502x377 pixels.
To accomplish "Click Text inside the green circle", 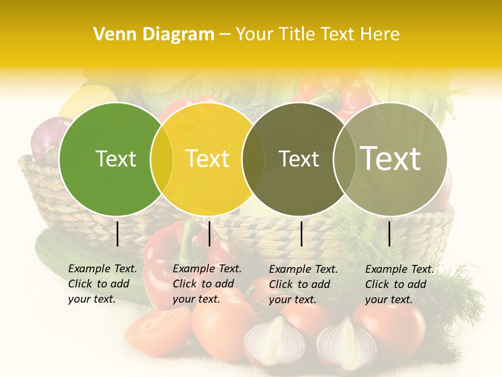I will click(x=116, y=159).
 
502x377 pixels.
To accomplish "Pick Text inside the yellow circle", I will click(x=207, y=159).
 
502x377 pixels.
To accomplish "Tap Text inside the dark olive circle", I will click(x=299, y=159).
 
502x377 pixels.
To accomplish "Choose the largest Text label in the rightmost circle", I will click(x=391, y=158).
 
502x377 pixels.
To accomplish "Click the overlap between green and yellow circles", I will click(x=162, y=159).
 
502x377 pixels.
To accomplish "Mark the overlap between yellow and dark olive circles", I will click(x=253, y=159).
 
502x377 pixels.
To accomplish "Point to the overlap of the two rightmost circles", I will click(x=344, y=159).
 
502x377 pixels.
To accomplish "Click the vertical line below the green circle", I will click(x=118, y=234).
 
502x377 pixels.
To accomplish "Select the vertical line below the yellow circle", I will click(x=209, y=234).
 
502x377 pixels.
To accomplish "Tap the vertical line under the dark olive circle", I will click(x=302, y=234).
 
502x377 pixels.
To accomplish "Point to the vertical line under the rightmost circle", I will click(x=390, y=234).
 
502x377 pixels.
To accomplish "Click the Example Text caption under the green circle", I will click(x=102, y=284).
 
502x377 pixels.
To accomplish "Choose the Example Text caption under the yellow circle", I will click(x=207, y=284).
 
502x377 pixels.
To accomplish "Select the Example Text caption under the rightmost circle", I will click(x=399, y=284).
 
